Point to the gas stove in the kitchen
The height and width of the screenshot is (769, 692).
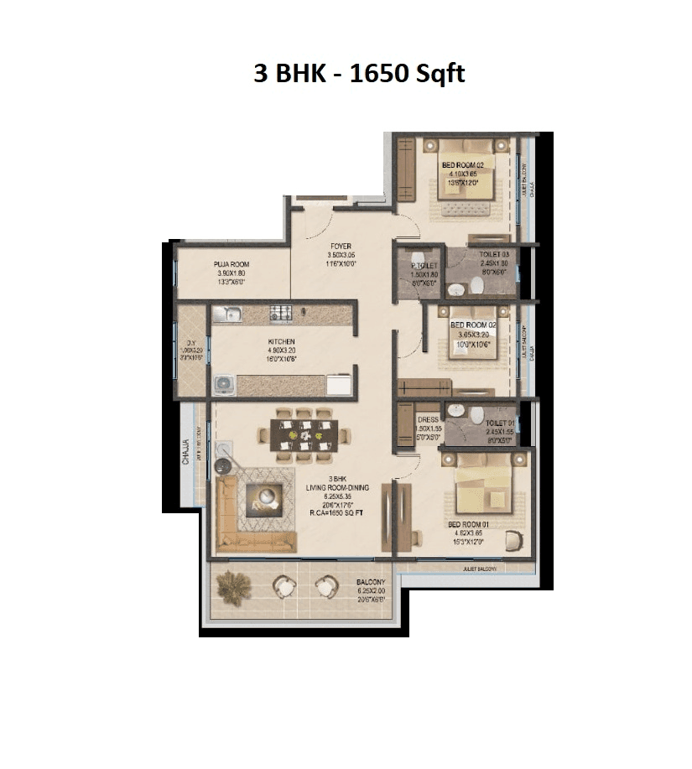(x=280, y=314)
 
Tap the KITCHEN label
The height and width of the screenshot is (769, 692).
(x=281, y=342)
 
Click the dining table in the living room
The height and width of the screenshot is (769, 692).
(x=304, y=434)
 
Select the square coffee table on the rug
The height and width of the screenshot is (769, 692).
(x=265, y=497)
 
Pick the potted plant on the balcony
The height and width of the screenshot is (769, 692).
(x=234, y=588)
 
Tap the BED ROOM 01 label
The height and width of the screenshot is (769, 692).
(x=467, y=524)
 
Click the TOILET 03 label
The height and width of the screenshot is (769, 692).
(x=495, y=254)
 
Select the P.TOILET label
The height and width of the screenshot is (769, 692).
(x=419, y=266)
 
